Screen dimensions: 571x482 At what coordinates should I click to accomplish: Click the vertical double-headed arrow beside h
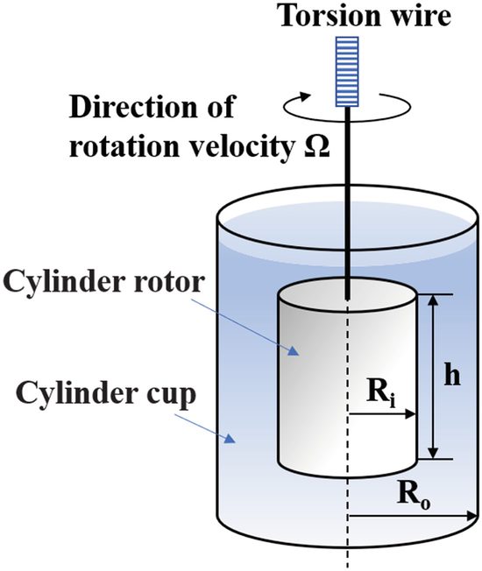431,377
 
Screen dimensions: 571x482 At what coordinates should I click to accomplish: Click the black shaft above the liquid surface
348,166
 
